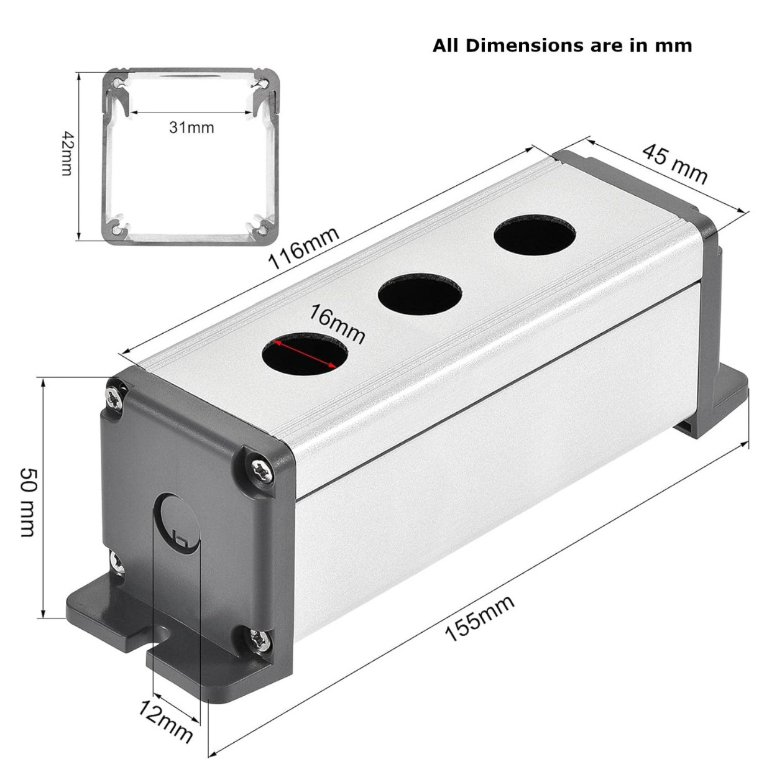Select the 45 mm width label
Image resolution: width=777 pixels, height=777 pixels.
[x=675, y=164]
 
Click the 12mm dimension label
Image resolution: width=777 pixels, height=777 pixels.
[x=165, y=720]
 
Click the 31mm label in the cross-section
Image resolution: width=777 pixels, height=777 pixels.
[x=191, y=127]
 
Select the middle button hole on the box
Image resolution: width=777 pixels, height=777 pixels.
[x=419, y=292]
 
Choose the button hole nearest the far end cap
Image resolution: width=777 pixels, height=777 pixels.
[x=534, y=234]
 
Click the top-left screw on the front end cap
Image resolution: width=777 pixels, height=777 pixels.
[x=114, y=397]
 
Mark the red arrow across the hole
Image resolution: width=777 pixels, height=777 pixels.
[x=305, y=354]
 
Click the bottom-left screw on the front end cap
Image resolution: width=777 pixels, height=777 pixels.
[x=117, y=561]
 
